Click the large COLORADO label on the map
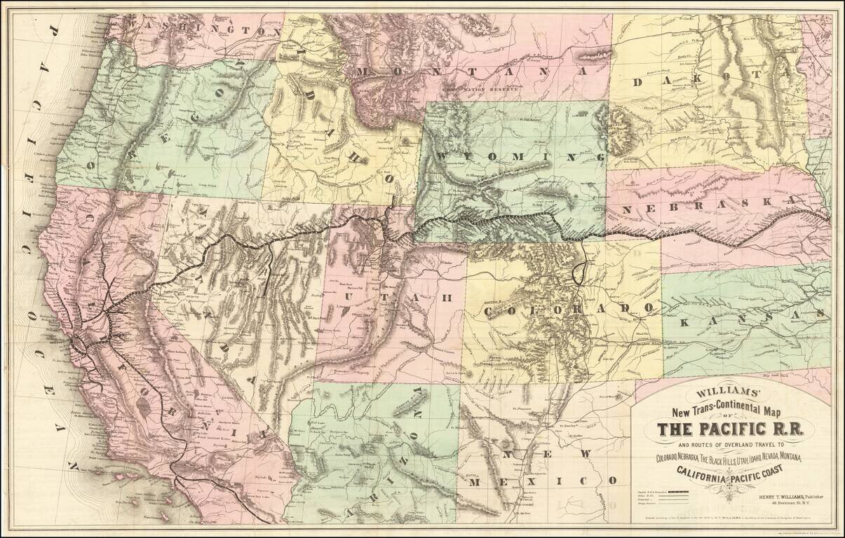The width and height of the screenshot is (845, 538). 569,309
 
